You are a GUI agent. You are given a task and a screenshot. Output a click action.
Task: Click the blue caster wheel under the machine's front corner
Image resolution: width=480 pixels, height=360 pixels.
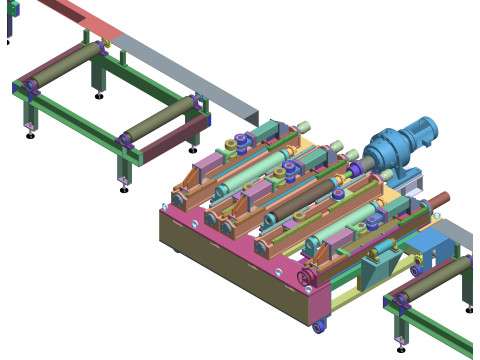click(x=319, y=326)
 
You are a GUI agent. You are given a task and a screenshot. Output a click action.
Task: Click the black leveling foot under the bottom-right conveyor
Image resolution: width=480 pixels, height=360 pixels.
click(x=401, y=348)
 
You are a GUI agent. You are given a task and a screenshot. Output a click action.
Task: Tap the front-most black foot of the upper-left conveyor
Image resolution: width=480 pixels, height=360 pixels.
click(x=123, y=187)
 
